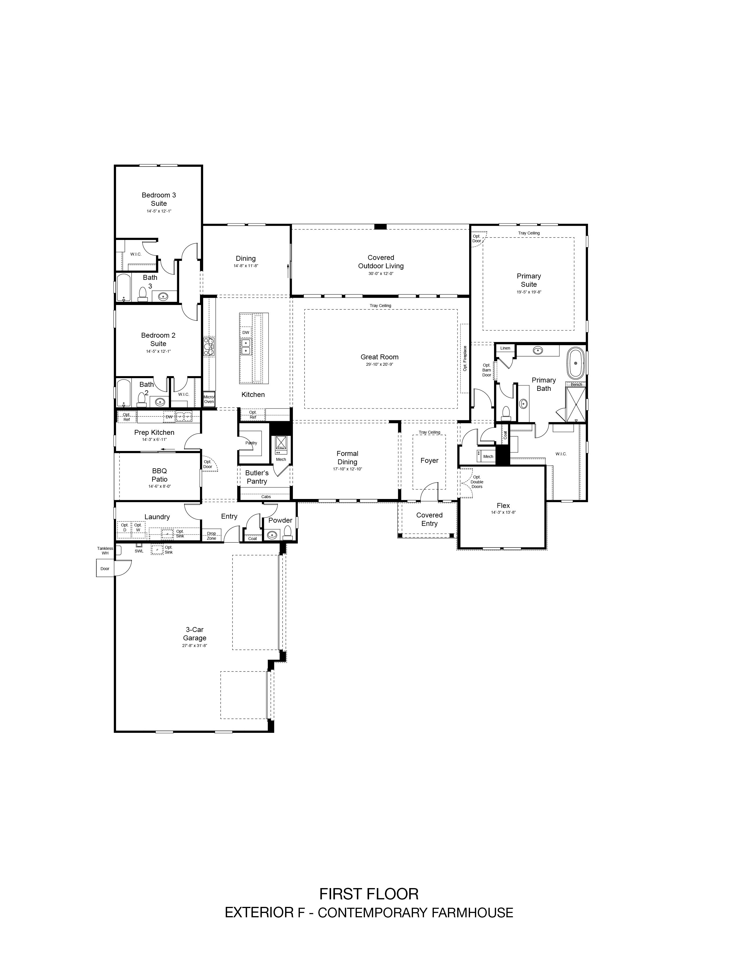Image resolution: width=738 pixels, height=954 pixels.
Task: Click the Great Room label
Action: point(379,357)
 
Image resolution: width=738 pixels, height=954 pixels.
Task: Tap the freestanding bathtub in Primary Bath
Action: point(576,363)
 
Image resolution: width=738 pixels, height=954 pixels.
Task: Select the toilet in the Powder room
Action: point(288,533)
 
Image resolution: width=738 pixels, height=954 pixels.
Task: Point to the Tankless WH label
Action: point(105,551)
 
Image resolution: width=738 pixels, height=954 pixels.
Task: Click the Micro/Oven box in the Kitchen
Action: point(209,399)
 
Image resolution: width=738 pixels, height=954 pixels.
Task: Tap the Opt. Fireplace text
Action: point(465,359)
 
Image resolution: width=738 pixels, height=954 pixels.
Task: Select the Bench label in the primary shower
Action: point(576,384)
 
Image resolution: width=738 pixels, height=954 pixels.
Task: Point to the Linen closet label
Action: point(505,348)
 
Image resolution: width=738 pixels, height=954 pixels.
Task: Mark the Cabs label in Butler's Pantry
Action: point(266,497)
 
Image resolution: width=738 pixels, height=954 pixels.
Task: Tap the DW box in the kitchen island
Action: point(246,332)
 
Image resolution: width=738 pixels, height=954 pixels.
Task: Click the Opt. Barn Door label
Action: point(487,370)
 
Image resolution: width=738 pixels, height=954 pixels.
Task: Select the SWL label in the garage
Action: point(139,551)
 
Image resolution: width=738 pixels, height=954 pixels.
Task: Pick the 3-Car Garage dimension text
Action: point(194,645)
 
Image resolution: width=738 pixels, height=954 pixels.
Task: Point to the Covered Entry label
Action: point(429,519)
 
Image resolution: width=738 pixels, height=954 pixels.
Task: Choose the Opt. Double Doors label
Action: point(477,482)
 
